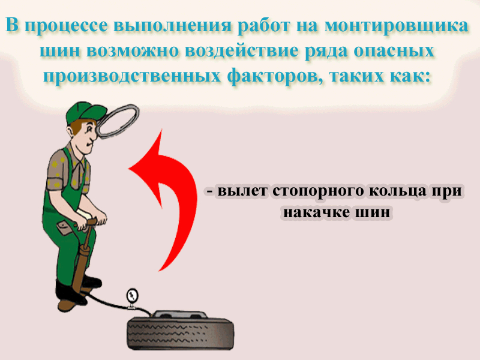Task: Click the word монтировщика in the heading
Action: click(x=396, y=26)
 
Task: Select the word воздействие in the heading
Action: click(x=241, y=51)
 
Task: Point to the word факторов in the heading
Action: click(x=275, y=76)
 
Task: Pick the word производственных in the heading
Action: click(x=131, y=76)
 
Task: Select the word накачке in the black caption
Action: click(x=317, y=212)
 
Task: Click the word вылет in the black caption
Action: click(x=242, y=191)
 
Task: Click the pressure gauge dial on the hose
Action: click(x=132, y=295)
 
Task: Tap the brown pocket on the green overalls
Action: click(x=65, y=228)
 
